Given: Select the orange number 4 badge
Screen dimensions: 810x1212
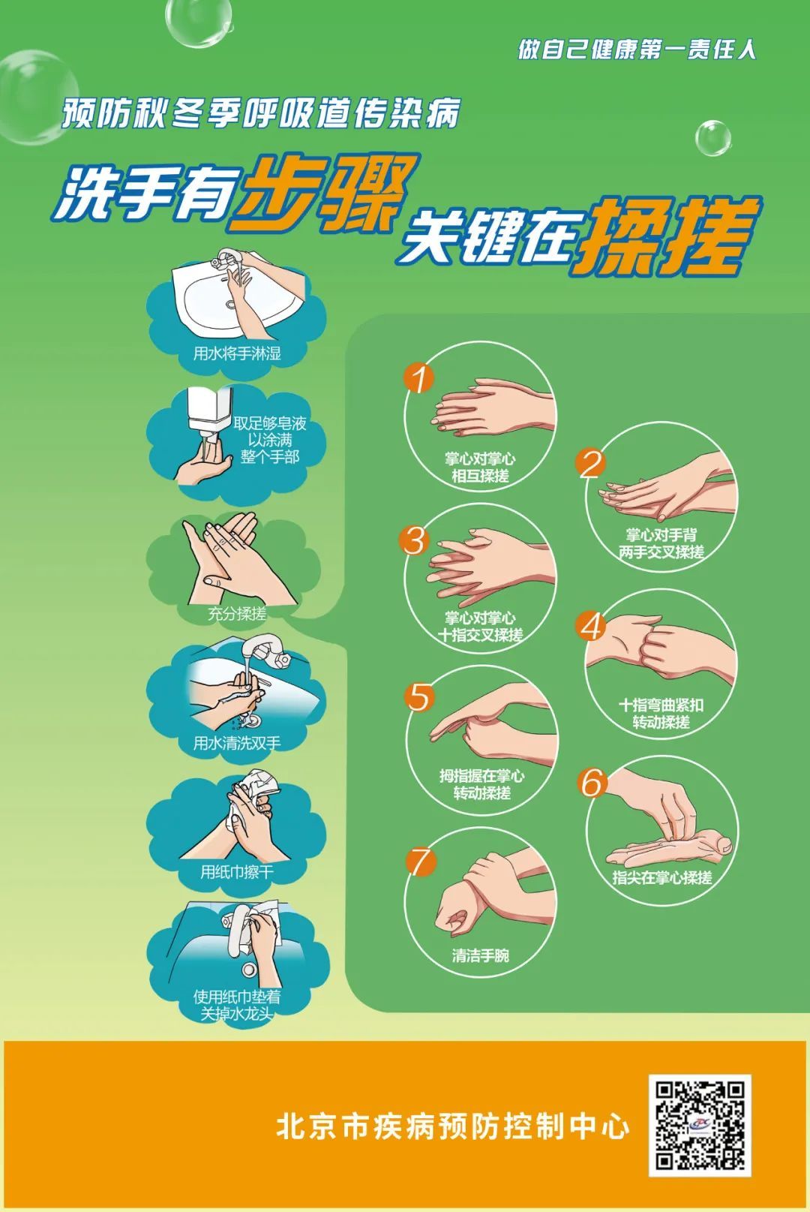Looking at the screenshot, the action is tap(591, 627).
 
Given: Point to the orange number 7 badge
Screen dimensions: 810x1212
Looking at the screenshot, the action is tap(419, 862).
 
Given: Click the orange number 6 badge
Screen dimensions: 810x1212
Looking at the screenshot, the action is tap(592, 783).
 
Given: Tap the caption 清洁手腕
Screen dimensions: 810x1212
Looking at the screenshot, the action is tap(480, 955).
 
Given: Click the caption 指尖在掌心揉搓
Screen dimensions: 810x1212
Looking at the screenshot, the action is tap(661, 877).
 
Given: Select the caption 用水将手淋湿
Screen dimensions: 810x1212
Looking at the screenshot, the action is tap(238, 354).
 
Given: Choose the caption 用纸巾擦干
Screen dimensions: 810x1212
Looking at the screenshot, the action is tap(237, 872).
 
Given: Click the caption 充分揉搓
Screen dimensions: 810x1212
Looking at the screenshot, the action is tap(237, 614).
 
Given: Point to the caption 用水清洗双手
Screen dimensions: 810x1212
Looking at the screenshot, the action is tap(238, 743).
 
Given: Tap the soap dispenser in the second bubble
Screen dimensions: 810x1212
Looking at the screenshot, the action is tap(209, 414).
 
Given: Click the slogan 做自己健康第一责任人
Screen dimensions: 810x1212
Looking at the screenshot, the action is tap(637, 50).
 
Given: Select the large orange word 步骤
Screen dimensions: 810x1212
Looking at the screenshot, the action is tap(323, 191).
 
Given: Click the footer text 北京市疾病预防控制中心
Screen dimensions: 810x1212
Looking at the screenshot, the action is tap(453, 1126).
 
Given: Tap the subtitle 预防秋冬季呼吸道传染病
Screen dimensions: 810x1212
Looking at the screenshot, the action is tap(261, 113).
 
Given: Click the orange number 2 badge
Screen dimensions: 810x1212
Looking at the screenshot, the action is tap(590, 463).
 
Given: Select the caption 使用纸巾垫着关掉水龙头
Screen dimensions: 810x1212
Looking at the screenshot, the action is tap(237, 1005).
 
